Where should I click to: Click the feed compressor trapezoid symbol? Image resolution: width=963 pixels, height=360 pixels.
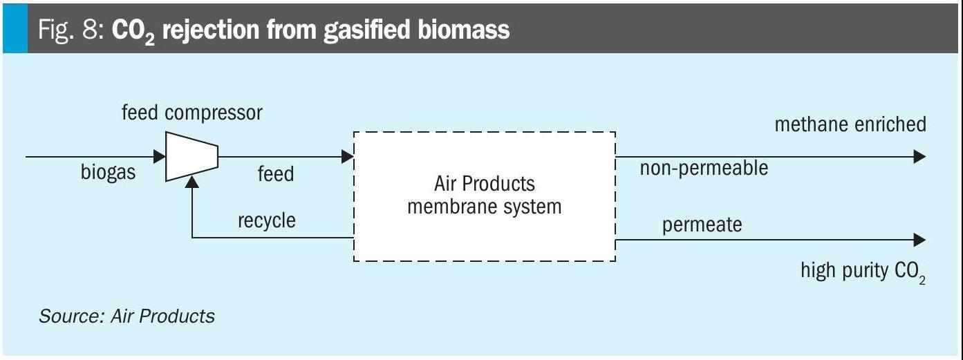point(191,157)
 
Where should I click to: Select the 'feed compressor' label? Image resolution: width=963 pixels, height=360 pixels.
point(192,113)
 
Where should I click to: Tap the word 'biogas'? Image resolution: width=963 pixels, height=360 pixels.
point(109,173)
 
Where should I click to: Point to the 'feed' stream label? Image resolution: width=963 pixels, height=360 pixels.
point(275,173)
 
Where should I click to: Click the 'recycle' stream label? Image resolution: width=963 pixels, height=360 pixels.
point(266,220)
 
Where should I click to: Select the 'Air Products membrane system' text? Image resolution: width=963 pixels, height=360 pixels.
point(484,196)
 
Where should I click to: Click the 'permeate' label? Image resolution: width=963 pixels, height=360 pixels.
point(702,225)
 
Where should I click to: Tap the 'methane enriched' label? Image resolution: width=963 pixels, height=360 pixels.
point(850,124)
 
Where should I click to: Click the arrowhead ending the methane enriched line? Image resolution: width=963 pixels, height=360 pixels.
point(919,157)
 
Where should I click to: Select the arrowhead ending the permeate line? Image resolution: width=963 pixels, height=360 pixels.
point(919,240)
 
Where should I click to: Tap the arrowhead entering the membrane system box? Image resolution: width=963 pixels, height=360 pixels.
point(348,157)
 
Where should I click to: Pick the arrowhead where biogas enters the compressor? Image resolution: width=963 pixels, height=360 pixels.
point(160,157)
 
